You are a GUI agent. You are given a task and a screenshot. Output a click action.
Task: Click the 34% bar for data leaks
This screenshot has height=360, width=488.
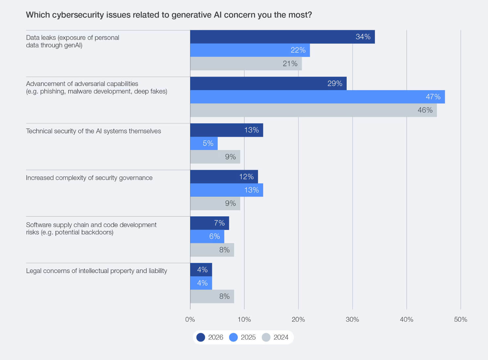[282, 37]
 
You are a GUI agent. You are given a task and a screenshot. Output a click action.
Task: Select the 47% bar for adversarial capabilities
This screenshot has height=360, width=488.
[317, 97]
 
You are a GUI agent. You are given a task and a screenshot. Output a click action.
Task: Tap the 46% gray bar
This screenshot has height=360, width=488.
[313, 110]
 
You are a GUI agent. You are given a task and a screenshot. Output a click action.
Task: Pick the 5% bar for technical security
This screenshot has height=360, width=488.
[204, 143]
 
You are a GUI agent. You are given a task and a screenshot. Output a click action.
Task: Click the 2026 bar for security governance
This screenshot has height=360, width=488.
[224, 176]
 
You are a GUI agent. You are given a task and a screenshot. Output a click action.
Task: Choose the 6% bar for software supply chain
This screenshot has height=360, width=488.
[207, 236]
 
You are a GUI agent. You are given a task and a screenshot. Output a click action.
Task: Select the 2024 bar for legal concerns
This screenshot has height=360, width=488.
[212, 296]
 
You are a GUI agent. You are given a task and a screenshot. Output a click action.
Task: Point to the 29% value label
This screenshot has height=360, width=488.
[335, 83]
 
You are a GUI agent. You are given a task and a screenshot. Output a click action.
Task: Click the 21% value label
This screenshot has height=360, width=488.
[290, 64]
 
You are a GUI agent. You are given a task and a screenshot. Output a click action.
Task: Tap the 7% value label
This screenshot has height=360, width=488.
[219, 223]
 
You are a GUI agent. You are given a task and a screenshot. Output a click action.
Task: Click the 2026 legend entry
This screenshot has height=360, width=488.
[210, 337]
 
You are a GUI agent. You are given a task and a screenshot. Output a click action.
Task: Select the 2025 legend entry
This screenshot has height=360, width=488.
[242, 337]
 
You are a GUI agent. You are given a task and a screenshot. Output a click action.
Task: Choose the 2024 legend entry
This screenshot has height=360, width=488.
[275, 337]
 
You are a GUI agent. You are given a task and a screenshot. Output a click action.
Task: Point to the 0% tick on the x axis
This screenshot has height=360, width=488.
[190, 319]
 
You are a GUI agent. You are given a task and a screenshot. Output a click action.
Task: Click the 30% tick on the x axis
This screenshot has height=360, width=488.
[352, 319]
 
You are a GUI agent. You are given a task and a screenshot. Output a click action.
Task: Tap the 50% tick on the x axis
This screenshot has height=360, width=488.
[460, 319]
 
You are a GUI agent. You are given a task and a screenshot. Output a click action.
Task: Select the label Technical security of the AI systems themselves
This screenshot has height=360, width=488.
[93, 131]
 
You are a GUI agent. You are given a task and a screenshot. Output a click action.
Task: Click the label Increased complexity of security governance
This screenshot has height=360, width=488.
[89, 178]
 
